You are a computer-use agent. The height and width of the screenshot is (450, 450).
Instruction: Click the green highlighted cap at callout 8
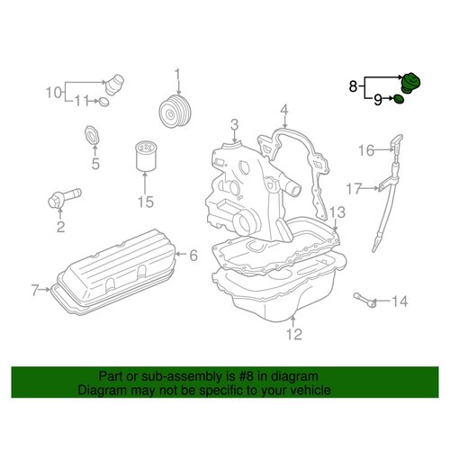click(410, 83)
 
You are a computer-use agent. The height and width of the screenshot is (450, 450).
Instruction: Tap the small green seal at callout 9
click(399, 99)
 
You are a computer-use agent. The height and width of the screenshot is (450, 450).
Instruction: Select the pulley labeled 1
click(175, 112)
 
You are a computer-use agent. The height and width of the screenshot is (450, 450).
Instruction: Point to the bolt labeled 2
click(64, 197)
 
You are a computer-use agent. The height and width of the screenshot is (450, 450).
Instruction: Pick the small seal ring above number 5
click(92, 136)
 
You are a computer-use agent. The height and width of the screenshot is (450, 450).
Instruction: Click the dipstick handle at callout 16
click(397, 142)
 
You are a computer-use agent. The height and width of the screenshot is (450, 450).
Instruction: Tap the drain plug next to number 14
click(365, 300)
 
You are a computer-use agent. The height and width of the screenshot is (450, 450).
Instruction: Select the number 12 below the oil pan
click(294, 334)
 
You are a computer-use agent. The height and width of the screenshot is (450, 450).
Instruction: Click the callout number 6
click(193, 255)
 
